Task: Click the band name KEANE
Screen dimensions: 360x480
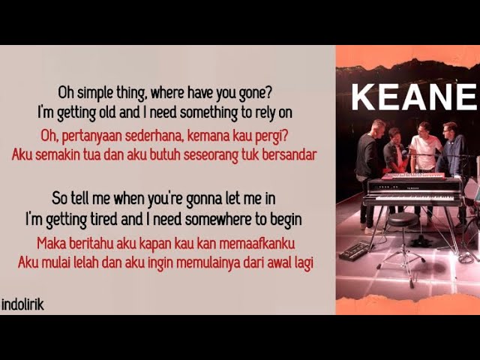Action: (x=414, y=97)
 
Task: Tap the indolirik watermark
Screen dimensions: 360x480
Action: (x=22, y=305)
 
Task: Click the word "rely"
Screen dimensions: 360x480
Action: (x=259, y=113)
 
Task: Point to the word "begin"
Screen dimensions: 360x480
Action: (x=283, y=219)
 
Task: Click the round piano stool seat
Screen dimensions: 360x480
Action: (x=401, y=218)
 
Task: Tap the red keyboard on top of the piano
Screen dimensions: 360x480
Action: (x=412, y=175)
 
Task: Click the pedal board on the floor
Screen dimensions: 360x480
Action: (x=355, y=250)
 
